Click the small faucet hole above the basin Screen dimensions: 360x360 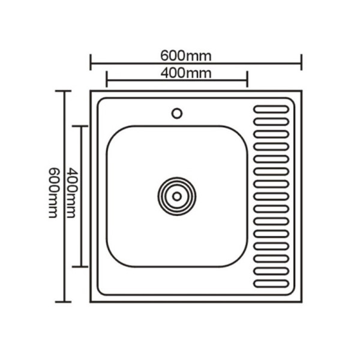[177, 112]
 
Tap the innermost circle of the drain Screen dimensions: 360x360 [177, 195]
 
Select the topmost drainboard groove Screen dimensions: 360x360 [271, 110]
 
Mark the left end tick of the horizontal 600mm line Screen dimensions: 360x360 [91, 62]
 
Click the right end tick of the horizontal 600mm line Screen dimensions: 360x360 [301, 62]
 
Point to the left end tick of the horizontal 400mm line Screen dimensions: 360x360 [106, 79]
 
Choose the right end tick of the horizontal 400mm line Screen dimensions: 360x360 [247, 79]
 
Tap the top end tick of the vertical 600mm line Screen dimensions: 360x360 [64, 91]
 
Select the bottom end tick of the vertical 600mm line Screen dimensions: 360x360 [64, 301]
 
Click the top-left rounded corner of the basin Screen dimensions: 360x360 [114, 133]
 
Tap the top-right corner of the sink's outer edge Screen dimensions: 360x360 [299, 92]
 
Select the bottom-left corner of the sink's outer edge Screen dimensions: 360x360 [92, 301]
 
